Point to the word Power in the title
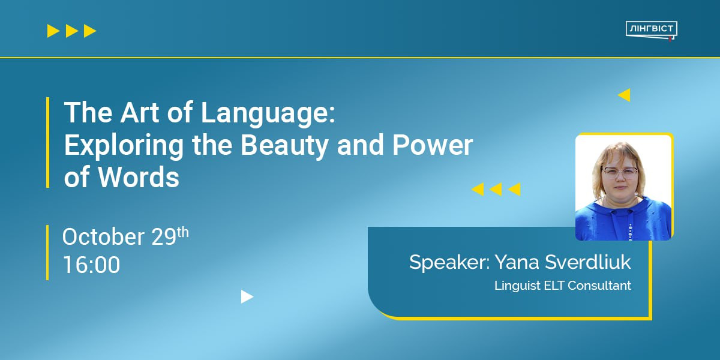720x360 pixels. pyautogui.click(x=433, y=145)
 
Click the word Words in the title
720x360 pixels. pyautogui.click(x=138, y=177)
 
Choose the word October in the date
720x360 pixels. pyautogui.click(x=103, y=236)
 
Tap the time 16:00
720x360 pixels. pyautogui.click(x=92, y=265)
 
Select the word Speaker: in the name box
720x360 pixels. pyautogui.click(x=449, y=263)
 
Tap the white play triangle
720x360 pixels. pyautogui.click(x=247, y=296)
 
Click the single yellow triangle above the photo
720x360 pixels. pyautogui.click(x=624, y=95)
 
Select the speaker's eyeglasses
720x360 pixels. pyautogui.click(x=619, y=172)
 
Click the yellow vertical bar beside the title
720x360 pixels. pyautogui.click(x=48, y=142)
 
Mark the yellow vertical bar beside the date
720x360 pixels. pyautogui.click(x=47, y=253)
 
